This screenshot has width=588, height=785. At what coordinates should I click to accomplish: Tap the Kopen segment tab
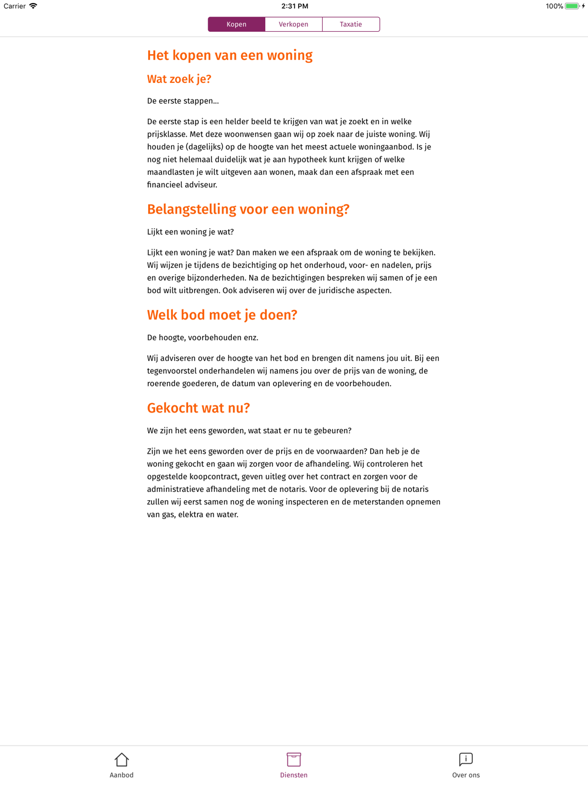tap(236, 24)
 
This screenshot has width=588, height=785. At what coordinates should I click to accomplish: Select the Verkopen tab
tap(293, 24)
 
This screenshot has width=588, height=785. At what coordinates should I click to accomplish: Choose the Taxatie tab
tap(351, 24)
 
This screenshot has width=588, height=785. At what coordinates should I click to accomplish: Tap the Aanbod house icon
tap(122, 760)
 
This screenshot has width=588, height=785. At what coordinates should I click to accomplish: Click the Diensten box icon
tap(294, 760)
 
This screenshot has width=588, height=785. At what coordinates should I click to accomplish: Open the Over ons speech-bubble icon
tap(466, 760)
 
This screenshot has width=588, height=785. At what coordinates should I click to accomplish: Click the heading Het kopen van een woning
tap(230, 55)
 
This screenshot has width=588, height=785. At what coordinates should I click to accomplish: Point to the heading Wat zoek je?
tap(179, 79)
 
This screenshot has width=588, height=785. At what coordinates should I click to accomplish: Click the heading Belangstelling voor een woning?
tap(248, 209)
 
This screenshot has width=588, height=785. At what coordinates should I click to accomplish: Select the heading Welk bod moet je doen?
tap(222, 315)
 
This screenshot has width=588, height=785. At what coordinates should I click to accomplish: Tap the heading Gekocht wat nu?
tap(198, 408)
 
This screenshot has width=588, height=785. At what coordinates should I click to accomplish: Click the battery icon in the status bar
tap(572, 6)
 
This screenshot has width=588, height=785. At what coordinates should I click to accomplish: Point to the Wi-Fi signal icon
tap(34, 6)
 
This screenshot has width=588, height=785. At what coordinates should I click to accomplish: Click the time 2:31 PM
tap(295, 6)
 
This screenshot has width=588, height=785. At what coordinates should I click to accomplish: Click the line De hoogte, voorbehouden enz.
tap(203, 338)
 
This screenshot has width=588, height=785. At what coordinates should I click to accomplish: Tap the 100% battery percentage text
tap(554, 6)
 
